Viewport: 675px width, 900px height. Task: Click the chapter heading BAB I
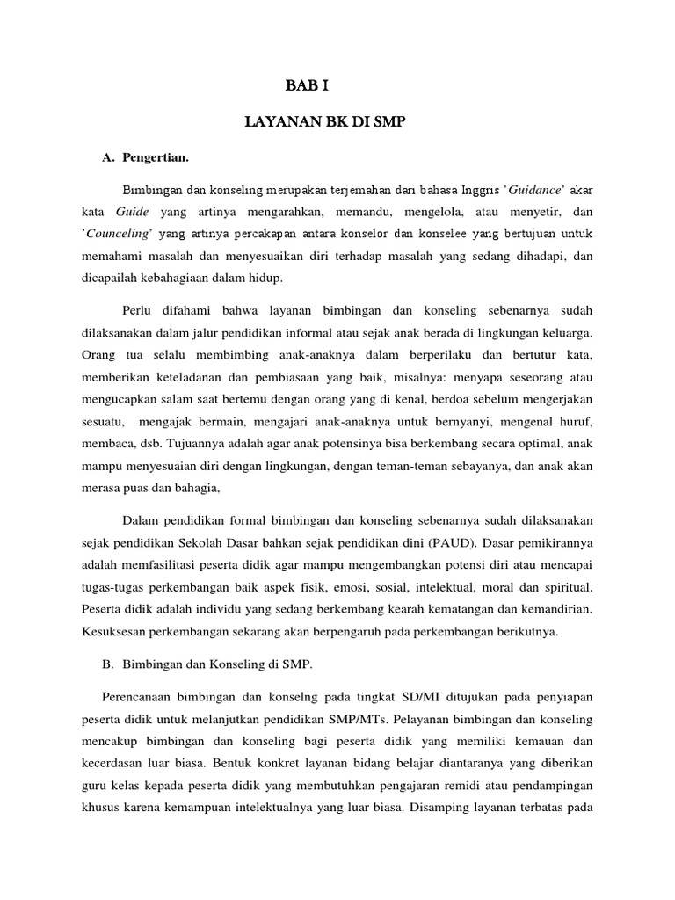pyautogui.click(x=307, y=85)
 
